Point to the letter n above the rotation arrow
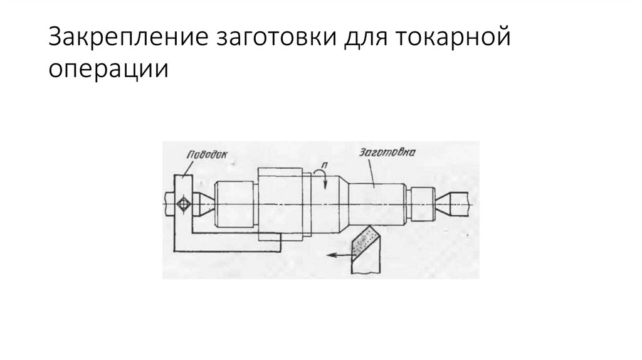[x=323, y=165]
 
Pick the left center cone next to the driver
[x=201, y=204]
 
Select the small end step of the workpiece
[x=422, y=203]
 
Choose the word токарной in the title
[x=452, y=39]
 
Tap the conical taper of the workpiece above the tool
[x=342, y=204]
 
